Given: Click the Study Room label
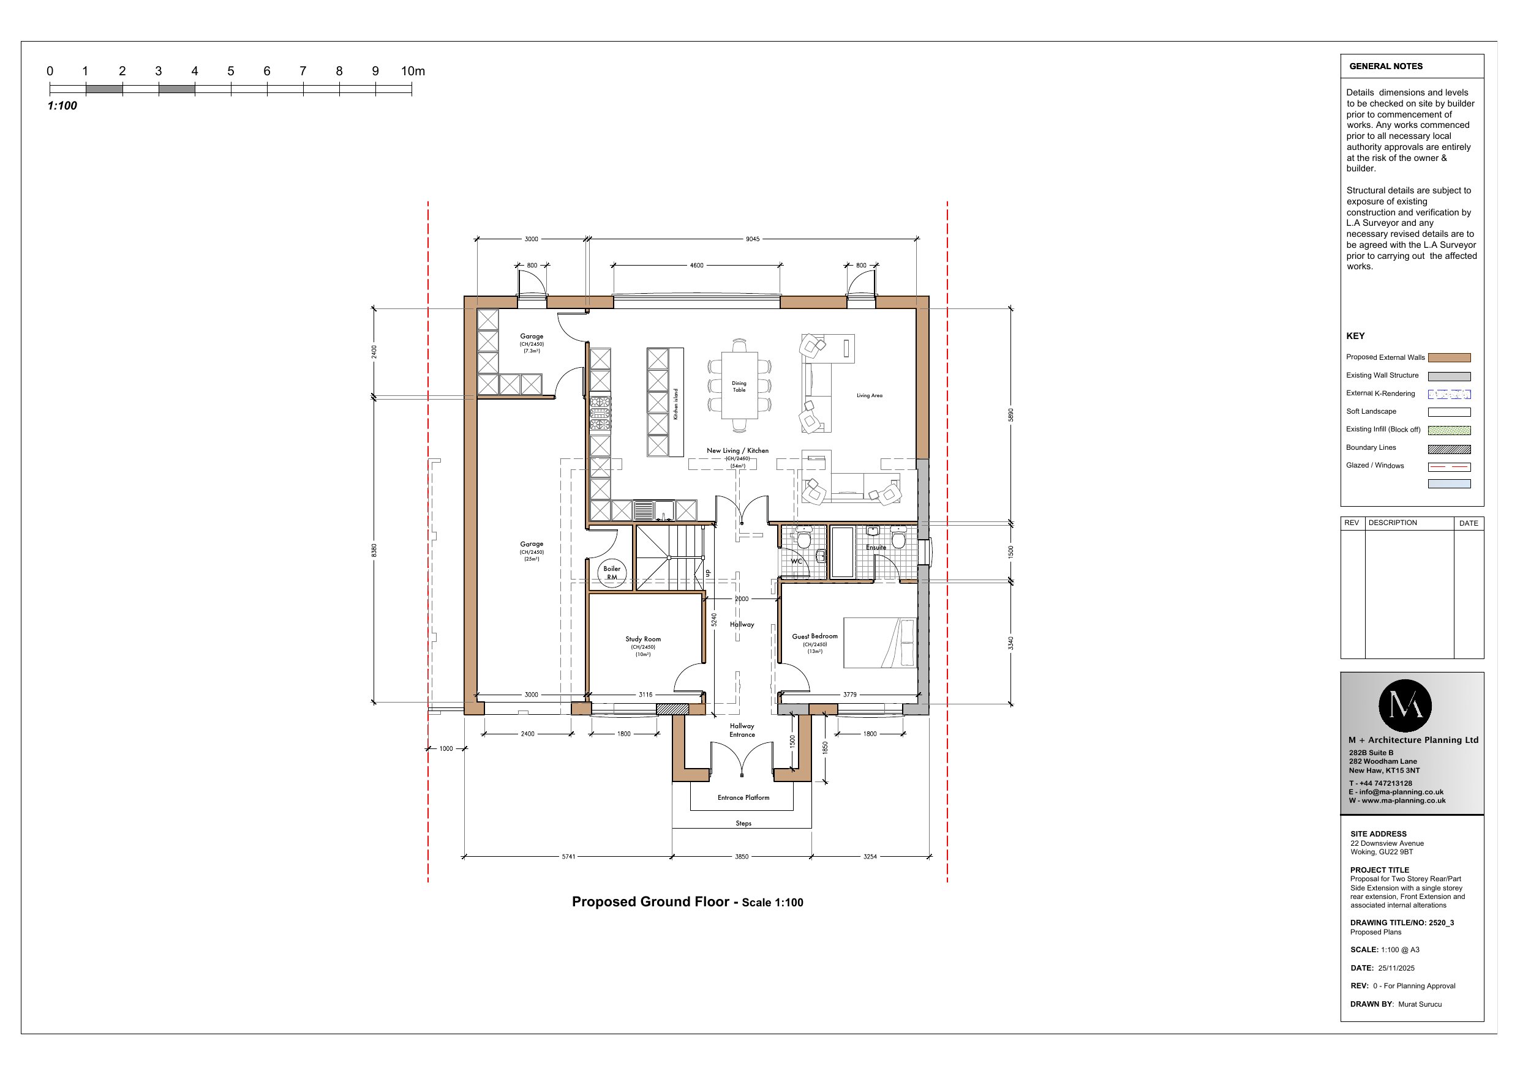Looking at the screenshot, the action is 643,640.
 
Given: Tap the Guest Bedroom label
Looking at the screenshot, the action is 815,636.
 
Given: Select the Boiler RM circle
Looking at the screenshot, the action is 612,572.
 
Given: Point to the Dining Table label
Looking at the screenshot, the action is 739,386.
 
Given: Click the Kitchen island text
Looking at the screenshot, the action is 676,404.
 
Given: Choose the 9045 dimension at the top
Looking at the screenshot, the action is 753,239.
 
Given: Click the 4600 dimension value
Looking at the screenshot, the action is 696,266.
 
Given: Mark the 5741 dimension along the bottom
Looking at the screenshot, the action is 568,856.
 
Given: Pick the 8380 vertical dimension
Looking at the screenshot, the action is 374,550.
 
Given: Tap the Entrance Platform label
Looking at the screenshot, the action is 743,797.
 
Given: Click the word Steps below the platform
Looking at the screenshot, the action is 743,823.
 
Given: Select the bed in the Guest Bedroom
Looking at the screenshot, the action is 880,643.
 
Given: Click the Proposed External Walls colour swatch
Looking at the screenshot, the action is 1449,357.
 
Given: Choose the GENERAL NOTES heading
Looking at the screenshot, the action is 1386,66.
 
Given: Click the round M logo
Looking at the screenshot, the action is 1405,706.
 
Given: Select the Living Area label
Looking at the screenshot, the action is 869,396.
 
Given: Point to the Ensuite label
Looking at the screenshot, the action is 876,547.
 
